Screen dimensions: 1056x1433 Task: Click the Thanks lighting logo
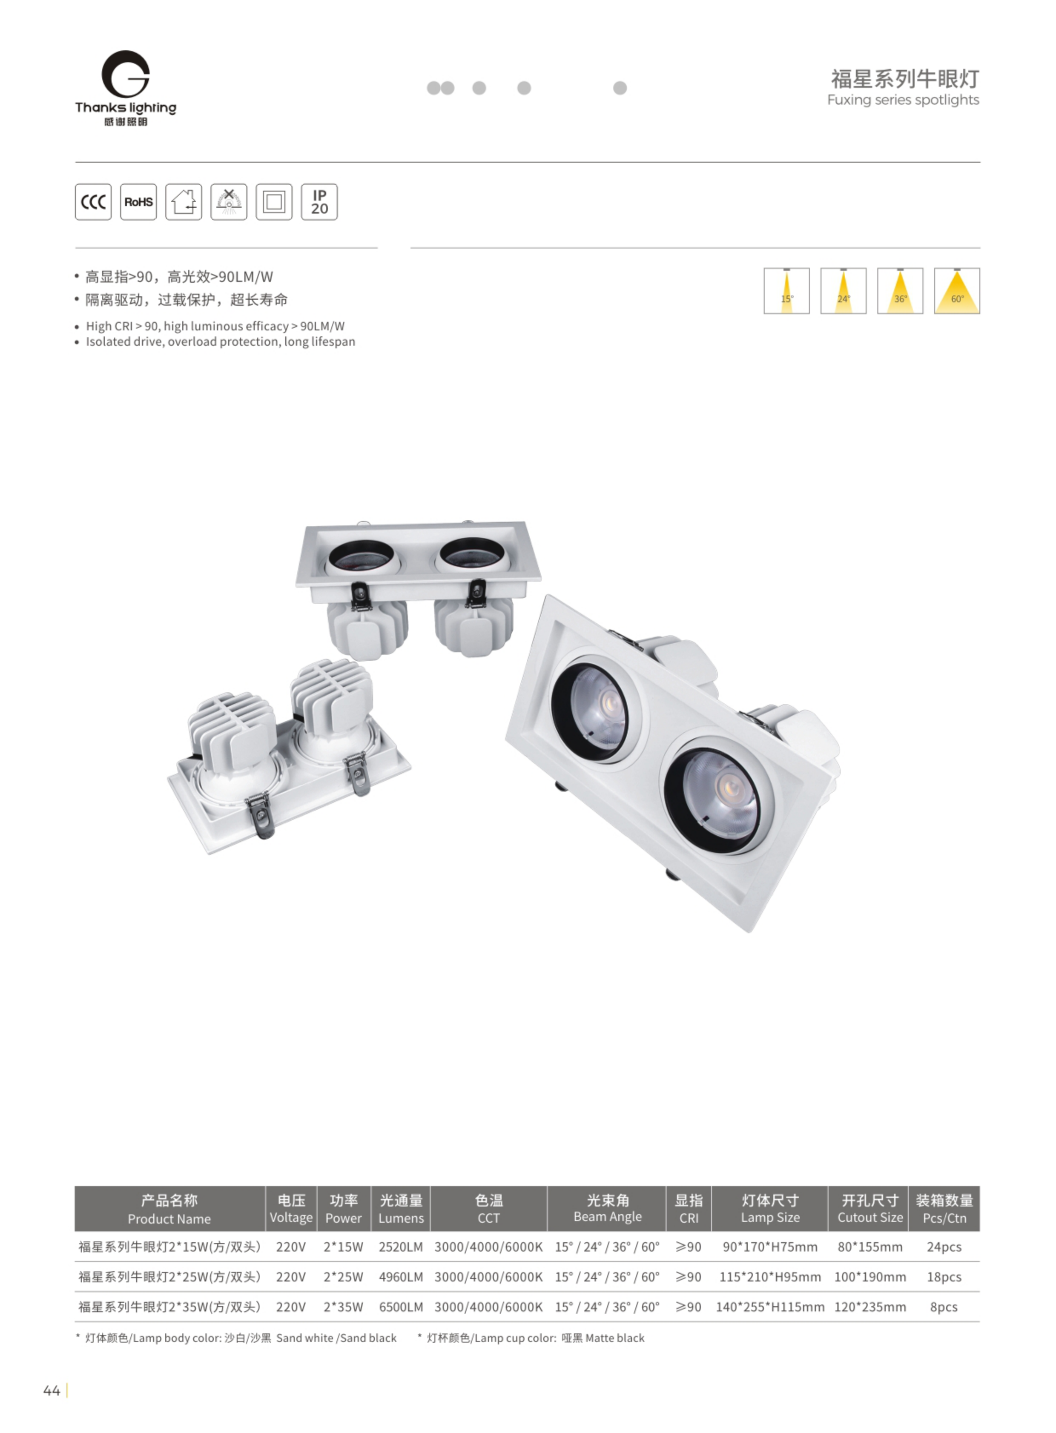[x=125, y=88]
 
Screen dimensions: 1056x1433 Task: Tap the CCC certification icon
[x=93, y=202]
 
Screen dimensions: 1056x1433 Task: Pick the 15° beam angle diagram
[x=786, y=291]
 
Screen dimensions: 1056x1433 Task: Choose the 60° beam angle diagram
[x=957, y=291]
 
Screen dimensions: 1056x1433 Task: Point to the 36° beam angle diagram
[x=900, y=291]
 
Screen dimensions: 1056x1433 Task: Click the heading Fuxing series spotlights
[x=903, y=100]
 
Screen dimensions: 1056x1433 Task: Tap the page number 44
[x=52, y=1390]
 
